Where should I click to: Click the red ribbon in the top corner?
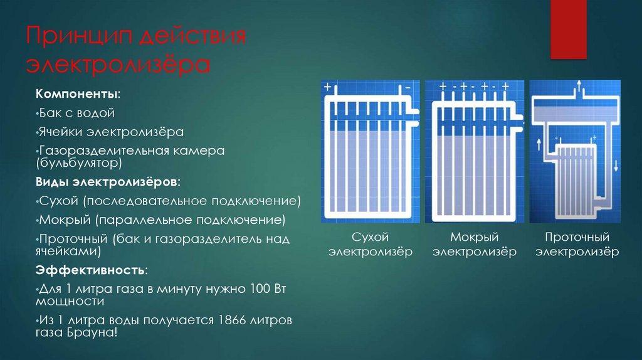tap(568, 29)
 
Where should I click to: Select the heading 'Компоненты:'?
tap(78, 94)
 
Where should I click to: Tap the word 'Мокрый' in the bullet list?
tap(58, 220)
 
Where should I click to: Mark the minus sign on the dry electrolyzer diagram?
tap(408, 87)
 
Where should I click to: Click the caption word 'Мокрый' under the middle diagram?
tap(474, 237)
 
